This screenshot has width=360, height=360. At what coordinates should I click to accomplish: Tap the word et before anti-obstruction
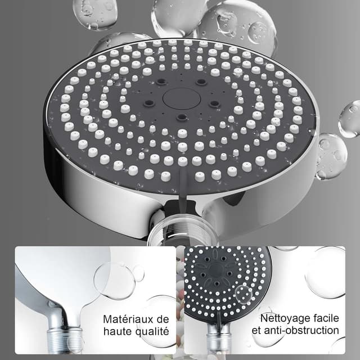(x=257, y=331)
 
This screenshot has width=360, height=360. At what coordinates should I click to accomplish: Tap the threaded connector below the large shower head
(x=182, y=231)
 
